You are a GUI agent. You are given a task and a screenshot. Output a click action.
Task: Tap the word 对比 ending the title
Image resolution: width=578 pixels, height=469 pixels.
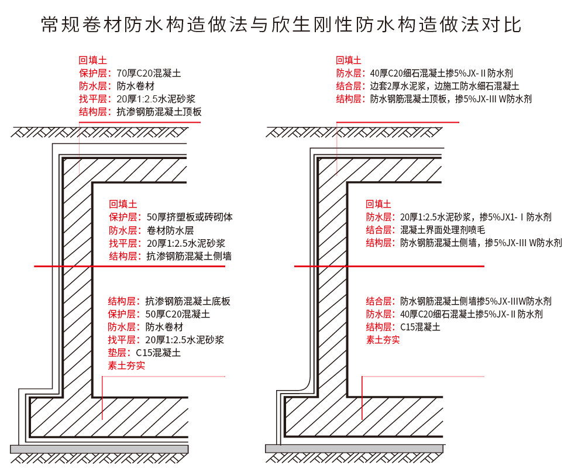click(501, 24)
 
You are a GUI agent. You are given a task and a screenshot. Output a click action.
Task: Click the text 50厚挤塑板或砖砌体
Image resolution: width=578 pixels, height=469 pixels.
click(190, 217)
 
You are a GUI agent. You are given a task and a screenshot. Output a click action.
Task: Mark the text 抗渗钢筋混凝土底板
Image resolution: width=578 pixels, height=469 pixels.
click(188, 301)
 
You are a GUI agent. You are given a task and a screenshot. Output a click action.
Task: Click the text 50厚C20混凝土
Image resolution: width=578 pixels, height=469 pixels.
click(178, 314)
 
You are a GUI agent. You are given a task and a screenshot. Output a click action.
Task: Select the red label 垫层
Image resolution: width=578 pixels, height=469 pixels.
click(117, 353)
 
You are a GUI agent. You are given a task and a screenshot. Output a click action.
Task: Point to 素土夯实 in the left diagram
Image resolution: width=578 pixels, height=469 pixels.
click(126, 365)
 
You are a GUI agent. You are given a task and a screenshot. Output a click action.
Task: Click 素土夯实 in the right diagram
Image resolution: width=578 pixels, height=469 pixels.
click(383, 340)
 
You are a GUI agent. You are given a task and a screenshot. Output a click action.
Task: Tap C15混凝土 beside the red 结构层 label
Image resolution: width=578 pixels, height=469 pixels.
click(421, 327)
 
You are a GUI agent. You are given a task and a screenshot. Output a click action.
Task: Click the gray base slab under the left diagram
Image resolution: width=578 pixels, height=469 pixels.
click(99, 449)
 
